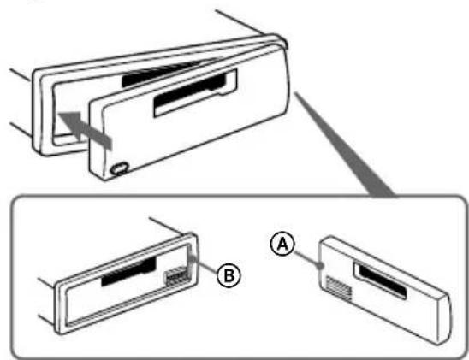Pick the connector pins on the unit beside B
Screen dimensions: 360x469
[173, 280]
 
